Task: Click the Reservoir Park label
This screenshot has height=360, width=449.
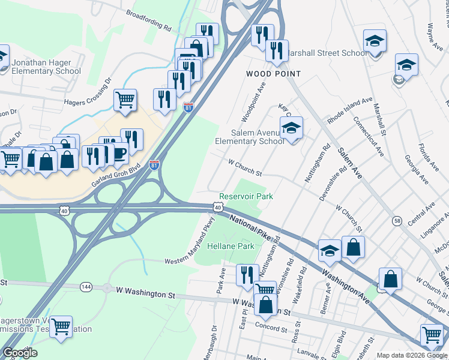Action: [x=246, y=196]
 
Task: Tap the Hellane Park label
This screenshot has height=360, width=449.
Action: [x=231, y=247]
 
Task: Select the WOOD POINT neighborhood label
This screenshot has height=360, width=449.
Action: [x=273, y=73]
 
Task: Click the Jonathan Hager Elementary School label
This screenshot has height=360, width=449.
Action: [x=46, y=67]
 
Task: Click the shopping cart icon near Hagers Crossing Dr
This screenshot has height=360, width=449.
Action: [x=125, y=100]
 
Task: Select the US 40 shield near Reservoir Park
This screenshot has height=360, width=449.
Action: [x=217, y=207]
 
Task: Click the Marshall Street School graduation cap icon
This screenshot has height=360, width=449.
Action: [x=375, y=41]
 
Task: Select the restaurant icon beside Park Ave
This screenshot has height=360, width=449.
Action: [x=247, y=275]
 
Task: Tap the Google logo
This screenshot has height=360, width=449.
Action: [x=20, y=353]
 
